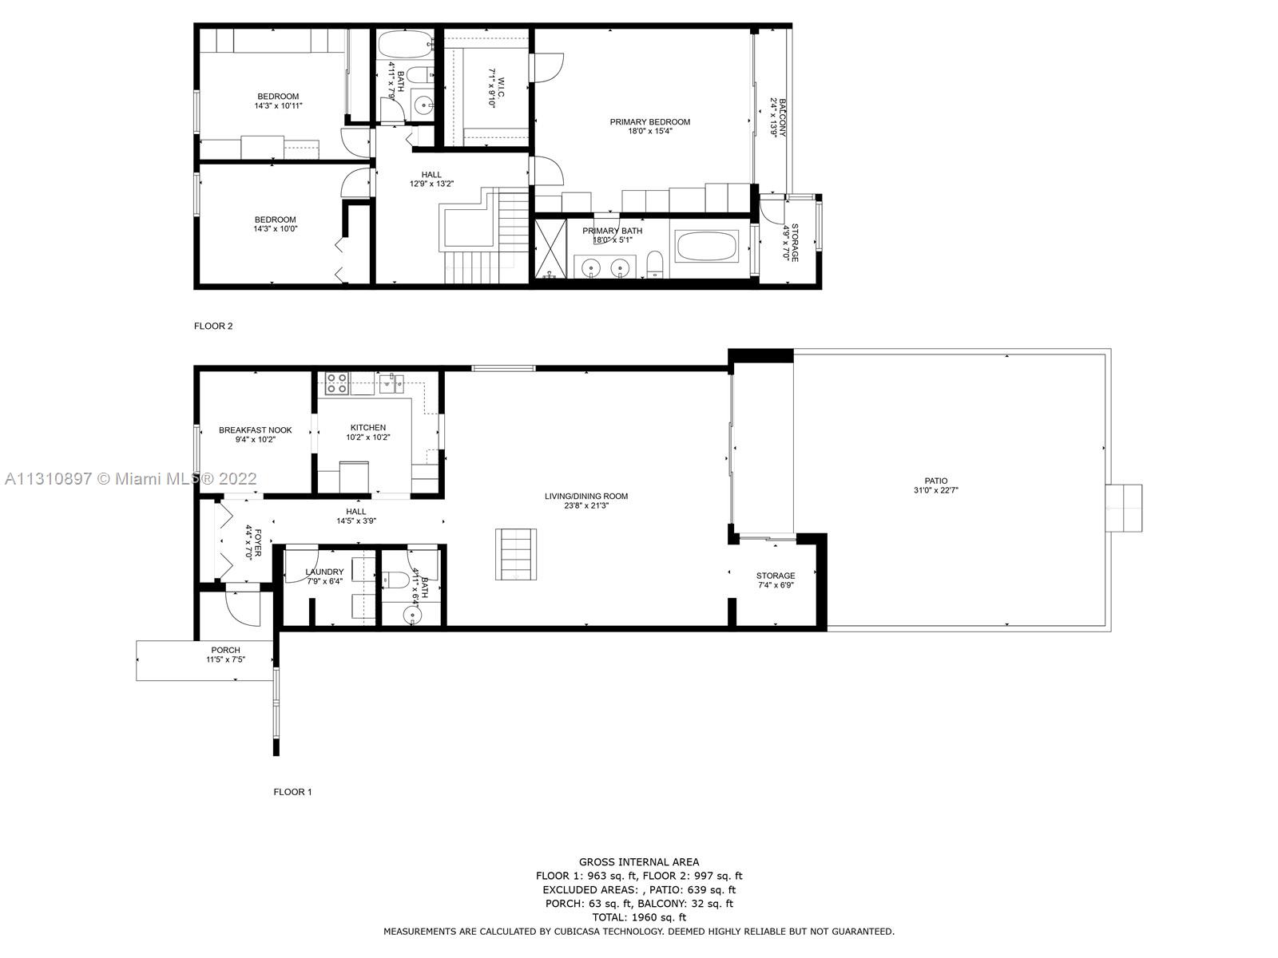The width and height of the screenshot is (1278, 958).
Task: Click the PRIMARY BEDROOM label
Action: (x=649, y=121)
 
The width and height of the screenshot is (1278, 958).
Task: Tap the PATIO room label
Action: (x=935, y=481)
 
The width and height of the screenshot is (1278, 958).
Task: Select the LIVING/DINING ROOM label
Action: (x=586, y=496)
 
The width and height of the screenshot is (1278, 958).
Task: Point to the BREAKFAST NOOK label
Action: (x=255, y=430)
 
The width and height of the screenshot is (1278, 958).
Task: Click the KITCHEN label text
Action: (x=368, y=428)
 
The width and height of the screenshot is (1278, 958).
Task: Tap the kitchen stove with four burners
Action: (x=337, y=383)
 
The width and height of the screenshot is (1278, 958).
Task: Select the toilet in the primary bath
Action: (x=655, y=264)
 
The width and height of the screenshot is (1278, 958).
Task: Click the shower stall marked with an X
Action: (x=550, y=247)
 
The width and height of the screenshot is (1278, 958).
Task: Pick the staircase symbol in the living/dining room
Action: (x=516, y=554)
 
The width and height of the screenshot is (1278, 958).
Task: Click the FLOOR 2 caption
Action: (x=213, y=327)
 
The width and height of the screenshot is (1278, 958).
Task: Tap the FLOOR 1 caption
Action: (x=292, y=792)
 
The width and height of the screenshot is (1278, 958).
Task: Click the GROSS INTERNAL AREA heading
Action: (x=639, y=862)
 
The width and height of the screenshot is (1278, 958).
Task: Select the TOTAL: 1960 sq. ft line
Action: (x=639, y=917)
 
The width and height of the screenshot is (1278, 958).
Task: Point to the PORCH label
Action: (x=226, y=651)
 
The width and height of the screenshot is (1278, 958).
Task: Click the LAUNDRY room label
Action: (x=325, y=572)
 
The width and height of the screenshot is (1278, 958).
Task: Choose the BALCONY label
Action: (x=783, y=117)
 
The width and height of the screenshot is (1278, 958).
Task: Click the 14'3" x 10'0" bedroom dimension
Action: (x=276, y=229)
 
